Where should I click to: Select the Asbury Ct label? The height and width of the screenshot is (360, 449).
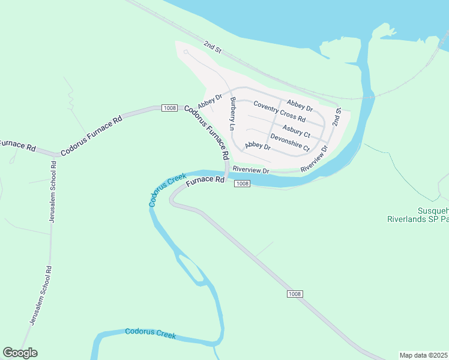(x=297, y=130)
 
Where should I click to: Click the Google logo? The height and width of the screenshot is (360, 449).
(x=20, y=353)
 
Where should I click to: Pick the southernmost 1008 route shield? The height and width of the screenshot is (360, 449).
(x=294, y=293)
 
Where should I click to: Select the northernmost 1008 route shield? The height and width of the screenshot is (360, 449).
(x=169, y=108)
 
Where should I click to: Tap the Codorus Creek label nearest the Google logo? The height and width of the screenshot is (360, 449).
(x=150, y=334)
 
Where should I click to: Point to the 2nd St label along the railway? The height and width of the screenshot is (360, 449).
(x=212, y=47)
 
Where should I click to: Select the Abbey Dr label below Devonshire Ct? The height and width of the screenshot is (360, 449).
(x=258, y=146)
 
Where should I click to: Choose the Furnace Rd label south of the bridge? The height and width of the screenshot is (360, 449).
(x=204, y=180)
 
